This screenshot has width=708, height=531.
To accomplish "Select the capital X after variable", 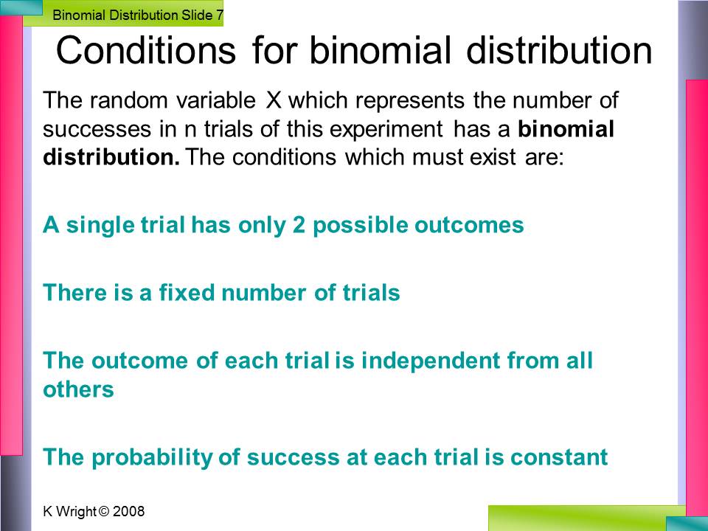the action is coord(274,100).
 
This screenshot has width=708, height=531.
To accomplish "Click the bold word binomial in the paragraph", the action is coord(566,129).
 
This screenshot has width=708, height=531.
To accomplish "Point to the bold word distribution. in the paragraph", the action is coord(111,157).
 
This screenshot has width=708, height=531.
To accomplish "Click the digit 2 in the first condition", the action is coord(299,225).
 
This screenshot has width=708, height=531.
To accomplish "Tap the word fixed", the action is coord(187,293).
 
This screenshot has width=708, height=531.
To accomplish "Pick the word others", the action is coord(79,389).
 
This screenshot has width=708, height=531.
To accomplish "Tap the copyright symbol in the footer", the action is coord(104,512).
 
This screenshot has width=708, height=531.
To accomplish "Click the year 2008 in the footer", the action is coord(128,512).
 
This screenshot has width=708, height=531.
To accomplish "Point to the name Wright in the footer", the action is coord(75,512).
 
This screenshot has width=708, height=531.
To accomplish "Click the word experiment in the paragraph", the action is coord(386,129).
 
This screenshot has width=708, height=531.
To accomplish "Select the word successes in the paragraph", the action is coord(97,130).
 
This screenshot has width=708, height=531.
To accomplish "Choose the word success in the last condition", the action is coord(293,457).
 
